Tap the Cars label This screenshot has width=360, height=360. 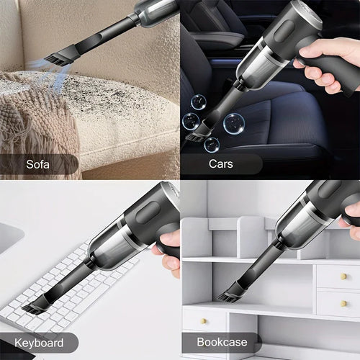tap(220, 163)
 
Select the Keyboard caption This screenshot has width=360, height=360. tap(37, 343)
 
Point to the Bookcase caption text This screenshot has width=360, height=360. tap(222, 343)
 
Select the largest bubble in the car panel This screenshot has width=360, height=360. tap(235, 123)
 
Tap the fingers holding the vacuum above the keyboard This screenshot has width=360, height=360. tap(168, 251)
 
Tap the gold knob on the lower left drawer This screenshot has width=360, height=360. tap(204, 321)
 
